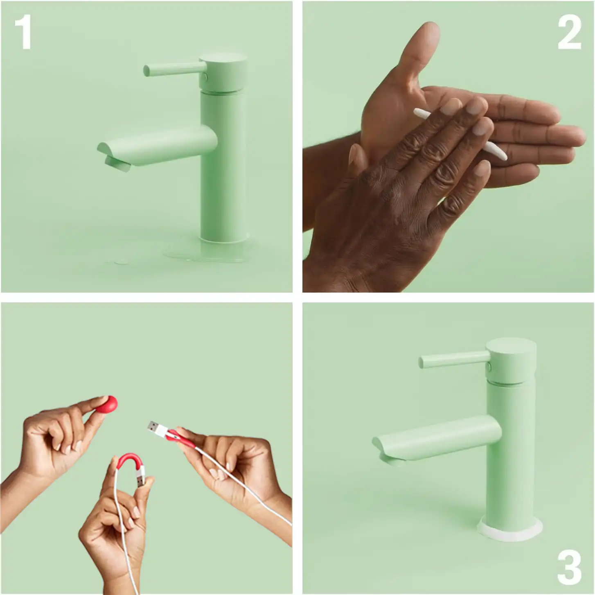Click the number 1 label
pyautogui.click(x=23, y=32)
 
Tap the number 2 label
pyautogui.click(x=569, y=32)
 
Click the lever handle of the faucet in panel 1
pyautogui.click(x=175, y=70)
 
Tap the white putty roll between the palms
pyautogui.click(x=460, y=134)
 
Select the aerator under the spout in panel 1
pyautogui.click(x=117, y=164)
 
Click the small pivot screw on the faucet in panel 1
pyautogui.click(x=205, y=77)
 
